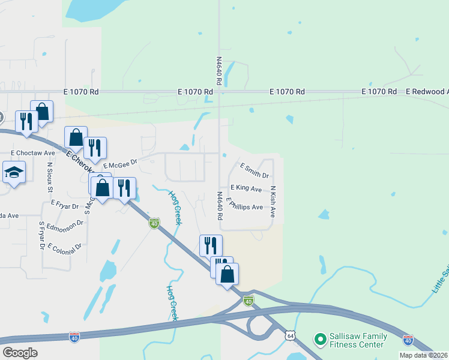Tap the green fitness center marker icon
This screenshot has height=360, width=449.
(320, 340)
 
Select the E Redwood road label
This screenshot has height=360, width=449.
(427, 92)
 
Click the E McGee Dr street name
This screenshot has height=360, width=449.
(120, 163)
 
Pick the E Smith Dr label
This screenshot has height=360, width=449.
(255, 170)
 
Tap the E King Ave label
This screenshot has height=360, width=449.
(246, 188)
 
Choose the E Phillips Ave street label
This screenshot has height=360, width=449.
(244, 206)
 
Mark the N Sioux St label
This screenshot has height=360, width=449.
(49, 176)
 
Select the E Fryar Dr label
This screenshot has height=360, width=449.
(65, 205)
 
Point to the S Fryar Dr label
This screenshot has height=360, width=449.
(41, 235)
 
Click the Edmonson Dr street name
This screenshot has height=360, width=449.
(65, 226)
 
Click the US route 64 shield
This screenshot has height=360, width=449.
(290, 335)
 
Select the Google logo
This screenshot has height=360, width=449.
(20, 353)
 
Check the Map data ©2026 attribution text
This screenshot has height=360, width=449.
(423, 355)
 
